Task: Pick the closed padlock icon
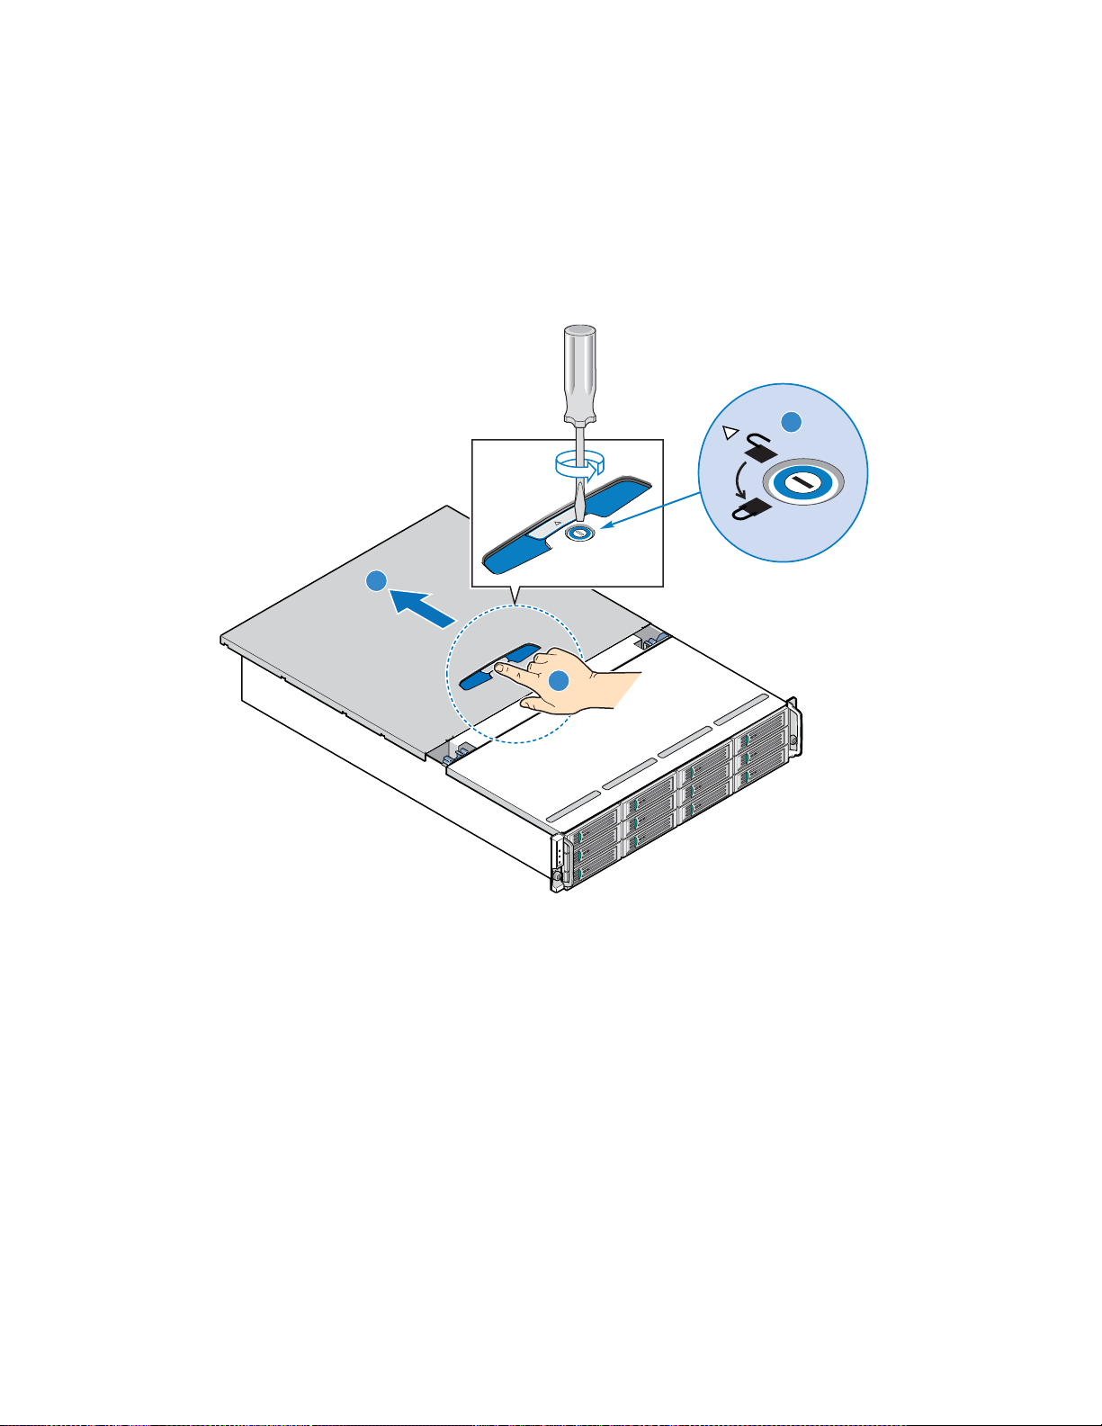[x=751, y=509]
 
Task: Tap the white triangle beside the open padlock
[x=730, y=434]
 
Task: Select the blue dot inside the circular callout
[x=791, y=420]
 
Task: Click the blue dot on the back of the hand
[x=559, y=681]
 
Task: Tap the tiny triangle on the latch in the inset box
[x=557, y=521]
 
